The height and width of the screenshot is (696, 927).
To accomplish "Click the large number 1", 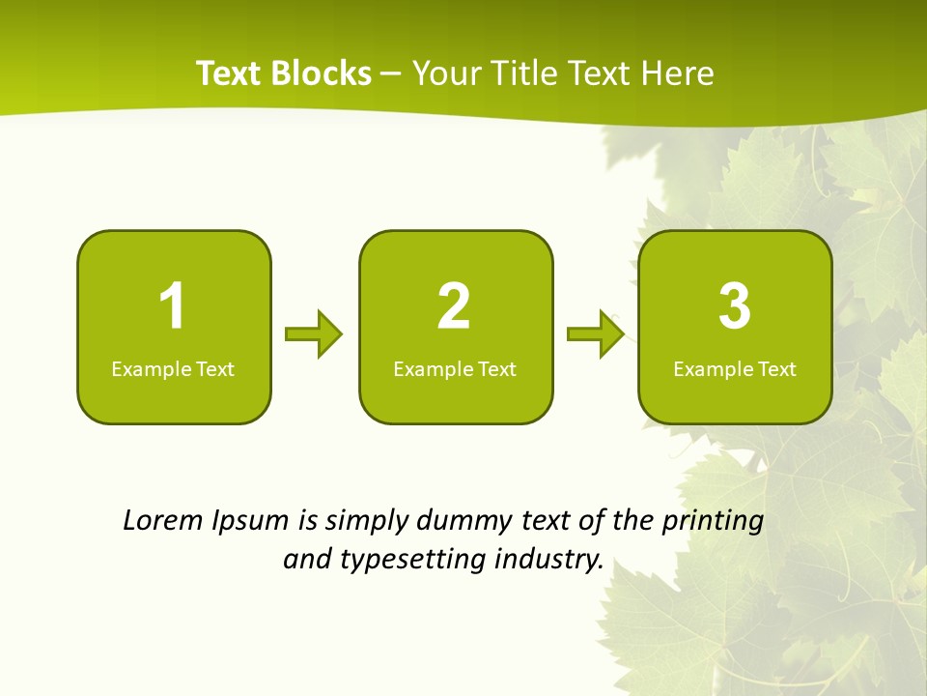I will [172, 306].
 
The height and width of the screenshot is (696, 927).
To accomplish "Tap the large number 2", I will [454, 306].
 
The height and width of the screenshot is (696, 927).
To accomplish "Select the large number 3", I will [735, 306].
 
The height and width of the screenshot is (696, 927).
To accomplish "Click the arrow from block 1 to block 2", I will [314, 334].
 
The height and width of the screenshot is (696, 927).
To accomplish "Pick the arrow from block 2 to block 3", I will [596, 334].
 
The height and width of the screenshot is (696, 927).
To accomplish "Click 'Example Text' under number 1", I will [173, 368].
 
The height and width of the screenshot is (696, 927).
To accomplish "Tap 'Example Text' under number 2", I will [455, 368].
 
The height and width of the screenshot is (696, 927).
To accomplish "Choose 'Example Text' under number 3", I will [735, 368].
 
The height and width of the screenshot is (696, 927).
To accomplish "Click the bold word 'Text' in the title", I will [231, 73].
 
